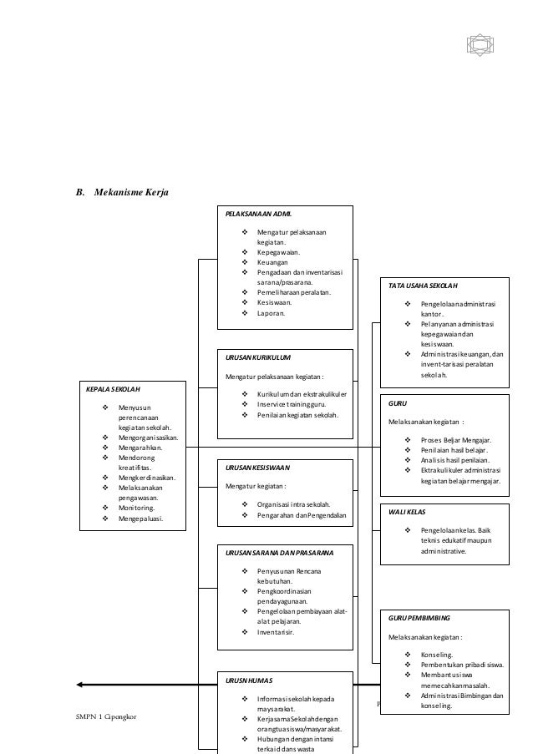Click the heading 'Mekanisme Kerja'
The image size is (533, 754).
pos(132,194)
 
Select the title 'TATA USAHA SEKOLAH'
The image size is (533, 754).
pos(429,286)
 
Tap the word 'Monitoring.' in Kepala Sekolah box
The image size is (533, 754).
pos(135,507)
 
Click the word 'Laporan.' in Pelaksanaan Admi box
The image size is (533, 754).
pos(271,314)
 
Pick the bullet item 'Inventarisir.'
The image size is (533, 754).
pos(277,632)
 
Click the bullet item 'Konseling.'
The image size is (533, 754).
pos(439,655)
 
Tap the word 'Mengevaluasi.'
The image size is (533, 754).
pos(140,518)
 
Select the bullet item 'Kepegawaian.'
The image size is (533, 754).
pos(279,250)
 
